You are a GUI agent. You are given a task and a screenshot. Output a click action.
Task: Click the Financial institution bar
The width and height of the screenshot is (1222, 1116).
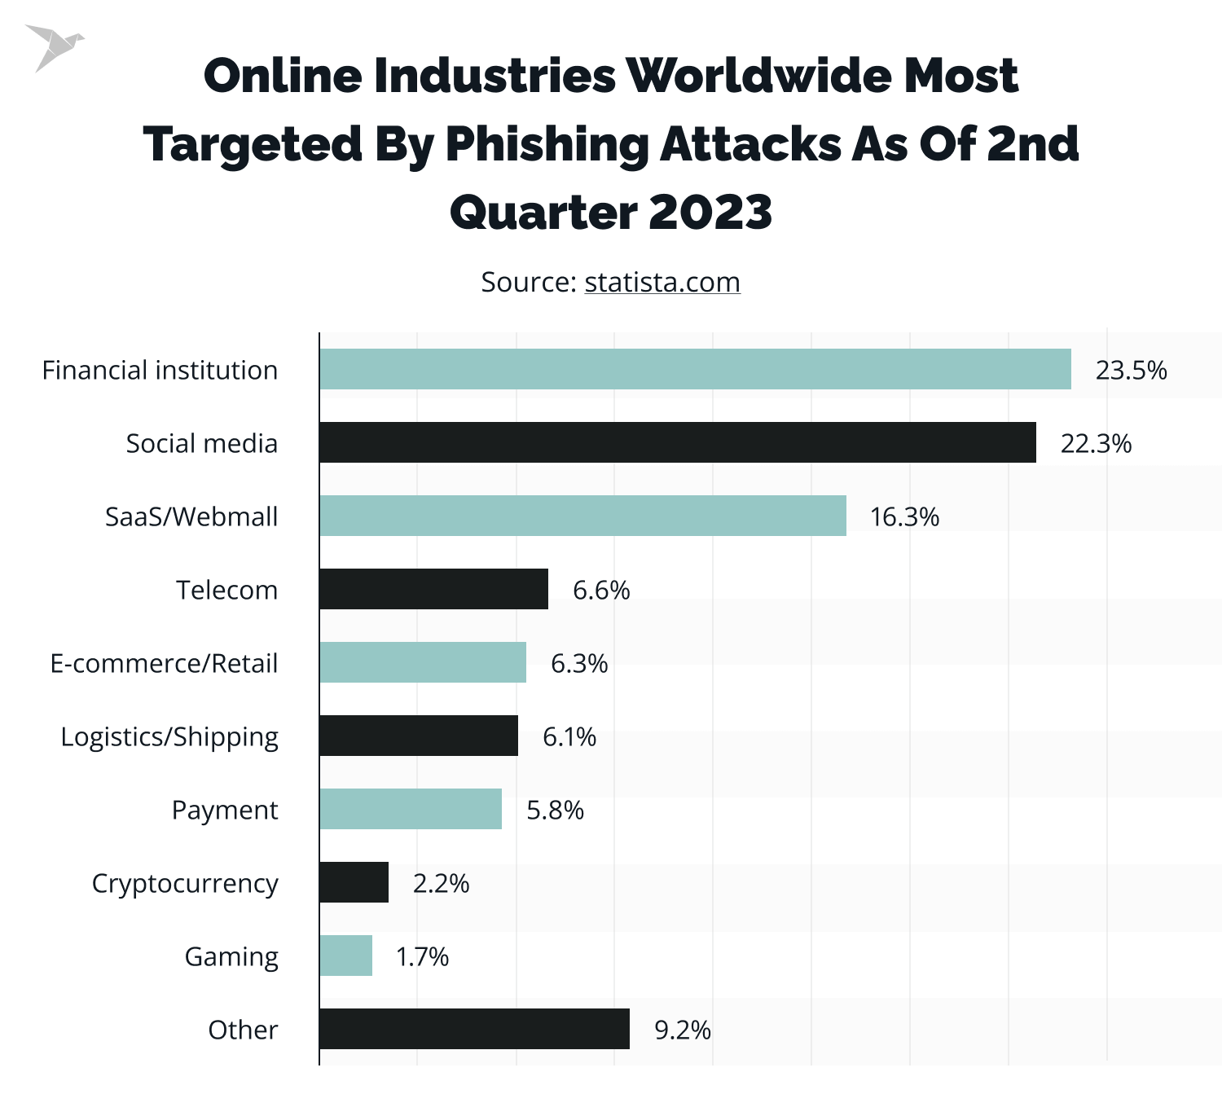point(695,369)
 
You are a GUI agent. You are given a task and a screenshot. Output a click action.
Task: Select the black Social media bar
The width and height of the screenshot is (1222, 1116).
point(677,442)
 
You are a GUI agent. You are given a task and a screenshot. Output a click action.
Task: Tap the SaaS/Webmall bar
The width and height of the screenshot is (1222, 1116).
point(582,516)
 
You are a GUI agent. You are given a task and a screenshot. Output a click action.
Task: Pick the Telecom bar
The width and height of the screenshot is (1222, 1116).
point(433,589)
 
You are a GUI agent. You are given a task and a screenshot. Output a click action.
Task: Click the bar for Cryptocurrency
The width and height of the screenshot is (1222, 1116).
point(354,882)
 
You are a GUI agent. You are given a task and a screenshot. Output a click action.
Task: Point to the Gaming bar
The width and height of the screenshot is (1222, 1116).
point(345,956)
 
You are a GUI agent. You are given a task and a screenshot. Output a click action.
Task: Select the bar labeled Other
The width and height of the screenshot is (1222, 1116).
point(474,1029)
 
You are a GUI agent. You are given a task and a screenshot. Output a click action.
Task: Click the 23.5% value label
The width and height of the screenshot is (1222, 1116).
point(1131,371)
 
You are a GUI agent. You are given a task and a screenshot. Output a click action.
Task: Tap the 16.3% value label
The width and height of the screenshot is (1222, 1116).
point(904,517)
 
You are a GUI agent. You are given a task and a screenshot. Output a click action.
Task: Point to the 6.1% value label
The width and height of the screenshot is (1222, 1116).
point(569,737)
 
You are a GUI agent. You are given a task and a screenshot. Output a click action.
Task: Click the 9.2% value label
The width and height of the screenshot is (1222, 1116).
point(683,1030)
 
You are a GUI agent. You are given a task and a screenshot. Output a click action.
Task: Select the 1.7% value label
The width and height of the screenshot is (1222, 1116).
point(422,957)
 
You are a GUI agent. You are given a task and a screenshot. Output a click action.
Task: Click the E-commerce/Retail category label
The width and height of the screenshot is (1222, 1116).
point(164,664)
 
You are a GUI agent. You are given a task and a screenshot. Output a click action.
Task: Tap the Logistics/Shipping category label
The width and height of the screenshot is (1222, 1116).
point(169,737)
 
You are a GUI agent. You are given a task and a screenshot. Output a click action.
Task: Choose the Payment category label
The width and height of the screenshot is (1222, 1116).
point(225,811)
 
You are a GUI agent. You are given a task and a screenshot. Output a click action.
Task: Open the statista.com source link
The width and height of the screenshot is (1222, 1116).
point(662,282)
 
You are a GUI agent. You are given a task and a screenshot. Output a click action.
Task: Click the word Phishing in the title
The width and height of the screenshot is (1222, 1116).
point(547,144)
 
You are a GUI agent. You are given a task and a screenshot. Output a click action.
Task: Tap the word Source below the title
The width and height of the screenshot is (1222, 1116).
point(528,282)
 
